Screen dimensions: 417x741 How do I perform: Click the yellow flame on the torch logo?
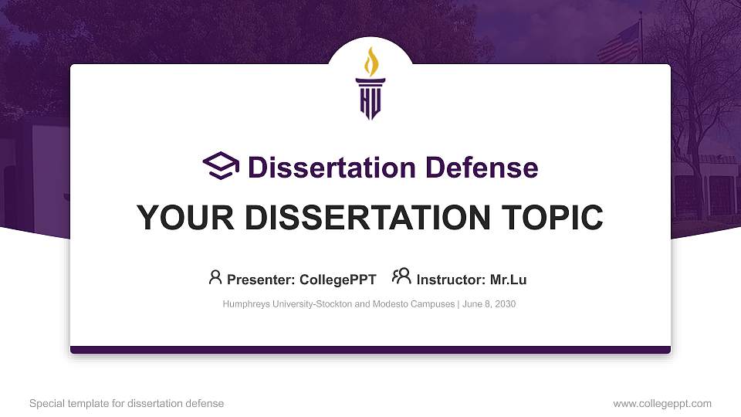click(x=371, y=61)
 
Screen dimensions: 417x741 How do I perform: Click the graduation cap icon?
click(x=222, y=166)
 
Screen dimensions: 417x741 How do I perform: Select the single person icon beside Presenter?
click(x=215, y=277)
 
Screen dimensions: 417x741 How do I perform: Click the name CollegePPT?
click(x=338, y=280)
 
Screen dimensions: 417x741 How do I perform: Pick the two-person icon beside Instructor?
click(x=401, y=276)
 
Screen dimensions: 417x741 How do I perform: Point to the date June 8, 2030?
click(x=489, y=304)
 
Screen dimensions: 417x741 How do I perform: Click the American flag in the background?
click(x=619, y=44)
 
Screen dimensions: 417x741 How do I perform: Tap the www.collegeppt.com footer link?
click(x=662, y=403)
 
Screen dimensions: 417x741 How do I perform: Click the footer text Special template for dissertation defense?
click(x=127, y=403)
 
